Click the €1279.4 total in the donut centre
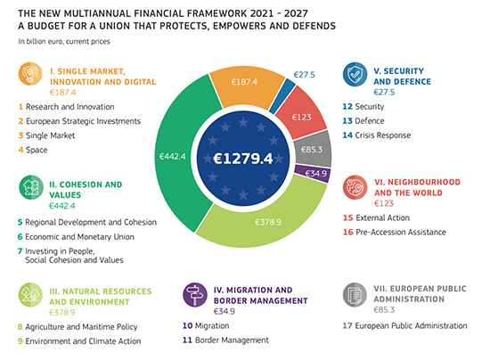[243, 159]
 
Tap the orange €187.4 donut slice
[245, 86]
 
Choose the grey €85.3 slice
[313, 150]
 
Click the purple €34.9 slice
[314, 174]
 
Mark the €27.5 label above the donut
[304, 75]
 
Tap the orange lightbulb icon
[30, 74]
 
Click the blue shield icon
[355, 74]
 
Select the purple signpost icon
[195, 295]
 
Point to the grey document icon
[355, 295]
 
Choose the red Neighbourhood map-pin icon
[355, 187]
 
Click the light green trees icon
[30, 295]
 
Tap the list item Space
[33, 150]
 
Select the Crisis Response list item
[377, 135]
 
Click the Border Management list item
[225, 340]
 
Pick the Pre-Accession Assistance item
[395, 233]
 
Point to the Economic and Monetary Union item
[76, 237]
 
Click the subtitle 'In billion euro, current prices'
[64, 42]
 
